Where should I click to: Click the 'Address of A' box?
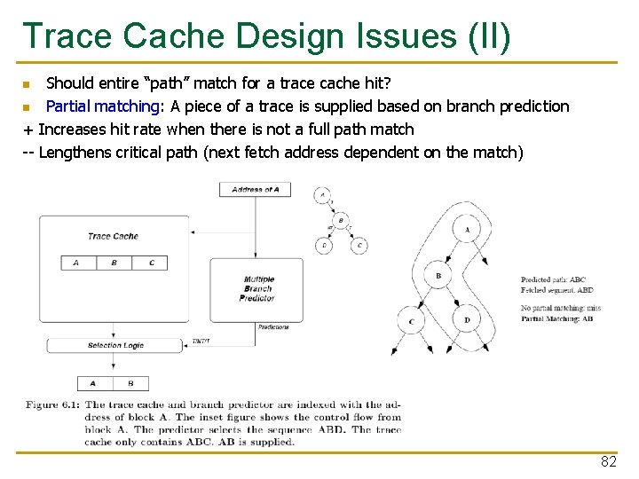(x=255, y=190)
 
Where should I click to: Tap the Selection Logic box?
(x=115, y=345)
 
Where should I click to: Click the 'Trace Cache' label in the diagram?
(x=113, y=236)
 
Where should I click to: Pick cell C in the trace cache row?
(x=152, y=263)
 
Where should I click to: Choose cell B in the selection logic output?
(x=131, y=383)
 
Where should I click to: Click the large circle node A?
(x=467, y=230)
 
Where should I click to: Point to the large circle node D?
(x=467, y=319)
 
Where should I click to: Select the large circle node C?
(x=411, y=321)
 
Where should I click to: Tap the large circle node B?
(x=438, y=276)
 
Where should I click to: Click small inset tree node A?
(x=322, y=193)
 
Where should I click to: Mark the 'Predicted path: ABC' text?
(x=553, y=280)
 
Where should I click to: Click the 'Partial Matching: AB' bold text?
(x=557, y=318)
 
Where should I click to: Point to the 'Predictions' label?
(x=273, y=327)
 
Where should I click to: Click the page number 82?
(x=608, y=462)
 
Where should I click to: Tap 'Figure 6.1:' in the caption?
(x=53, y=405)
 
